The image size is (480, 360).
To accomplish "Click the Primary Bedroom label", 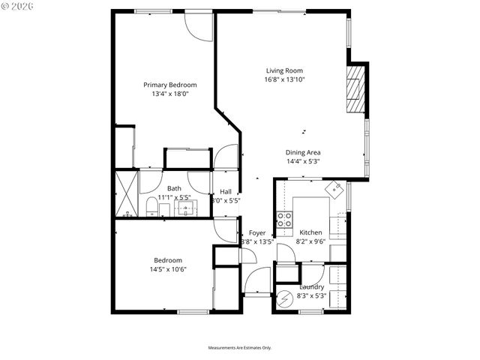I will (x=164, y=85).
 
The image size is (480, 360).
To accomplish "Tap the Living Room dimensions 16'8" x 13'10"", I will (x=284, y=79).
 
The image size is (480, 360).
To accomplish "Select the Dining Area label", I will (x=303, y=152).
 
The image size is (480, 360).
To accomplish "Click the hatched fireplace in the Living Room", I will (x=356, y=89).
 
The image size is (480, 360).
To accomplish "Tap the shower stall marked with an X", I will (x=125, y=194).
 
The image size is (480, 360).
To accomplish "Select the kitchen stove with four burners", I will (x=285, y=219).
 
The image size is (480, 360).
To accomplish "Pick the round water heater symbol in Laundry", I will (x=285, y=299).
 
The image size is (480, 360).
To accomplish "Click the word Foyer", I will (x=257, y=232).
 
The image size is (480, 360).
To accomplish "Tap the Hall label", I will (x=226, y=191).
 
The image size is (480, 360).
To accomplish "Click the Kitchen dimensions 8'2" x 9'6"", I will (x=311, y=241).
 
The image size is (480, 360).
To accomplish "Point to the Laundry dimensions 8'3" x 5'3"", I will (x=311, y=295).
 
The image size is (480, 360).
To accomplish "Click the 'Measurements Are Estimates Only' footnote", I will (x=239, y=348).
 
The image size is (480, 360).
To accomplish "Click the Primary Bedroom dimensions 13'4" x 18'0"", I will (x=164, y=94).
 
